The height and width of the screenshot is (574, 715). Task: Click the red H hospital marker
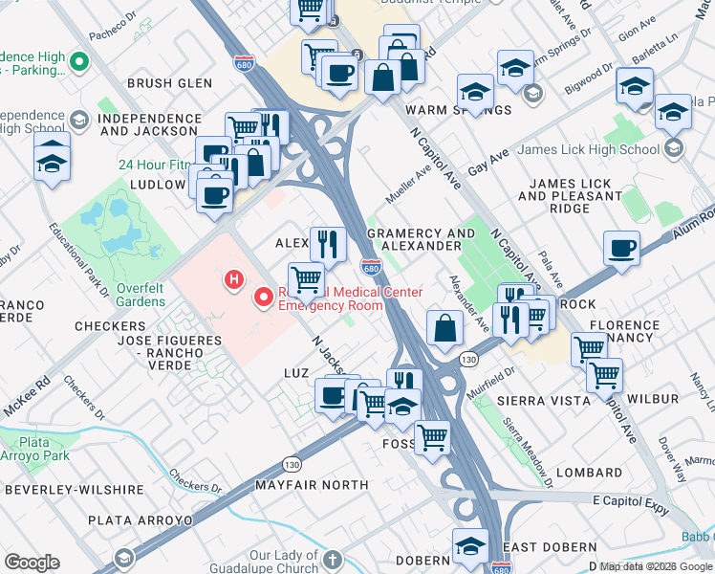coord(231,280)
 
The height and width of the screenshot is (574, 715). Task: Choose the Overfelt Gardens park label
coord(128,294)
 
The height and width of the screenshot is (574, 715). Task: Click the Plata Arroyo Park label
coord(36,450)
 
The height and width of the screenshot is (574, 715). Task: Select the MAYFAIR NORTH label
coord(312,485)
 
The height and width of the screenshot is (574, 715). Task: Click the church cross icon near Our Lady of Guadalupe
coord(331,560)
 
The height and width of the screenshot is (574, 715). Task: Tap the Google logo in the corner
coord(32,563)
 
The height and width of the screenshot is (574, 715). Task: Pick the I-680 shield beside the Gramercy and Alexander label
coord(372,266)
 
